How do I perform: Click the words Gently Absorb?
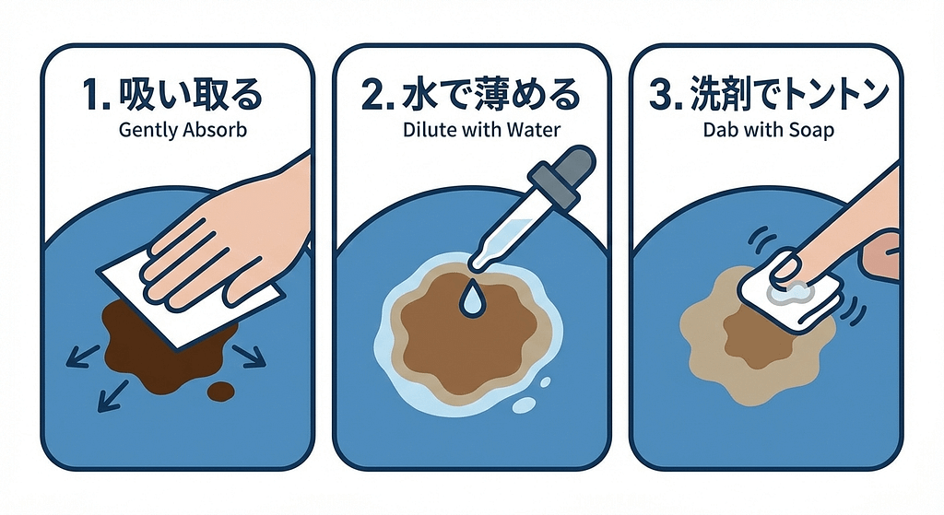click(x=183, y=130)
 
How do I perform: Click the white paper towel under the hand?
click(x=138, y=286)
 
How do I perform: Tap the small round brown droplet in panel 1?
click(x=221, y=392)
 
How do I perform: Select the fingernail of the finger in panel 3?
click(x=785, y=267)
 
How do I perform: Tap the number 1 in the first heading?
click(x=92, y=96)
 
